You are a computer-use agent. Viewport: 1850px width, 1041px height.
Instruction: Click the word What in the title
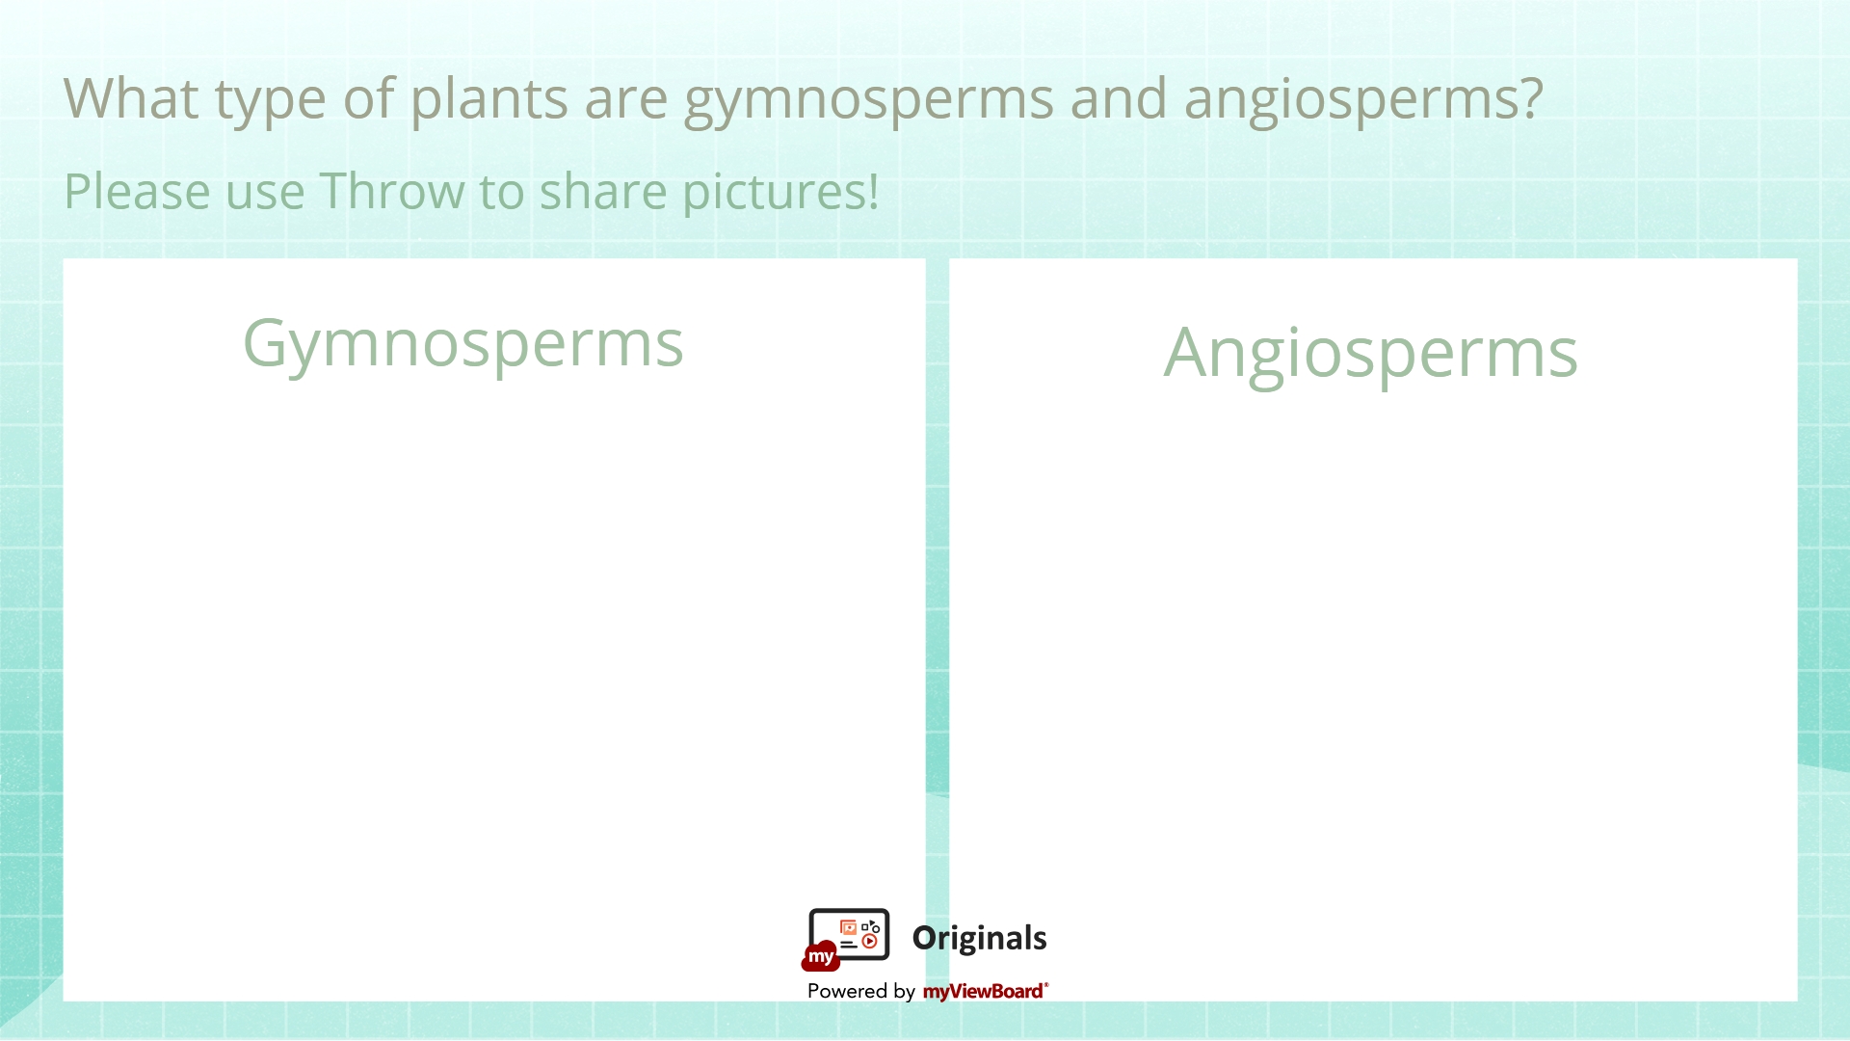click(131, 98)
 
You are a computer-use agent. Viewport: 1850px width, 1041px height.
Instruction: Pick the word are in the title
click(626, 103)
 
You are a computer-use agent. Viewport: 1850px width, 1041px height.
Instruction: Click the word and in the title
click(1119, 98)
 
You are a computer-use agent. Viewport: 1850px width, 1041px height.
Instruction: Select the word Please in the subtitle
click(137, 191)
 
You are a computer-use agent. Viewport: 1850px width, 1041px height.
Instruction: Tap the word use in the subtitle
click(265, 196)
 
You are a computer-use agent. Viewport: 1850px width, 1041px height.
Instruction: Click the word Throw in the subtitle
click(392, 191)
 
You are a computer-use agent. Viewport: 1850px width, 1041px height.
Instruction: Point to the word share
click(603, 191)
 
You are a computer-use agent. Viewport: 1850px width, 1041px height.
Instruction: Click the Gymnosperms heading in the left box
click(462, 346)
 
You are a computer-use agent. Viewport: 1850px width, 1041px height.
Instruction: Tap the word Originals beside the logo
click(979, 938)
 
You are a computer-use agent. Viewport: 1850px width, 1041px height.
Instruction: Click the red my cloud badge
click(821, 956)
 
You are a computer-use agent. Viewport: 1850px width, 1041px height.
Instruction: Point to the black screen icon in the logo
click(849, 934)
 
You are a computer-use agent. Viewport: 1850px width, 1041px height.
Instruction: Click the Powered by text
click(861, 991)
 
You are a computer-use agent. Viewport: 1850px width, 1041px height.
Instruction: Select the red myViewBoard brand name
click(985, 991)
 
